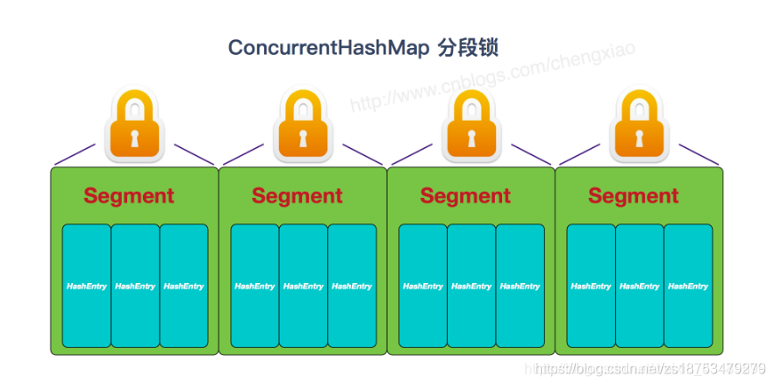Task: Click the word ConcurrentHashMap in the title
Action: coord(329,48)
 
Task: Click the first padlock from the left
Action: coord(134,126)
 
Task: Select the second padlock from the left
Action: coord(302,126)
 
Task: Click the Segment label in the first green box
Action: coord(129,196)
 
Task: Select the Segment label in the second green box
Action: coord(297,196)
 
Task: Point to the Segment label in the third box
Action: coord(465,196)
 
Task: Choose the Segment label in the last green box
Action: coord(633,196)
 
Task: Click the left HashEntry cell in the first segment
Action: coord(86,286)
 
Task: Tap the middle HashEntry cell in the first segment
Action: coord(135,286)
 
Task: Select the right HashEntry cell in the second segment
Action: coord(352,286)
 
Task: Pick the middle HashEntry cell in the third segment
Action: coord(471,286)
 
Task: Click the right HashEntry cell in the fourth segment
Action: coord(688,286)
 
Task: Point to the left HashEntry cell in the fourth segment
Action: coord(591,286)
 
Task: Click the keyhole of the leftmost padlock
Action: coord(134,138)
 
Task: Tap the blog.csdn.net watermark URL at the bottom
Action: coord(649,368)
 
